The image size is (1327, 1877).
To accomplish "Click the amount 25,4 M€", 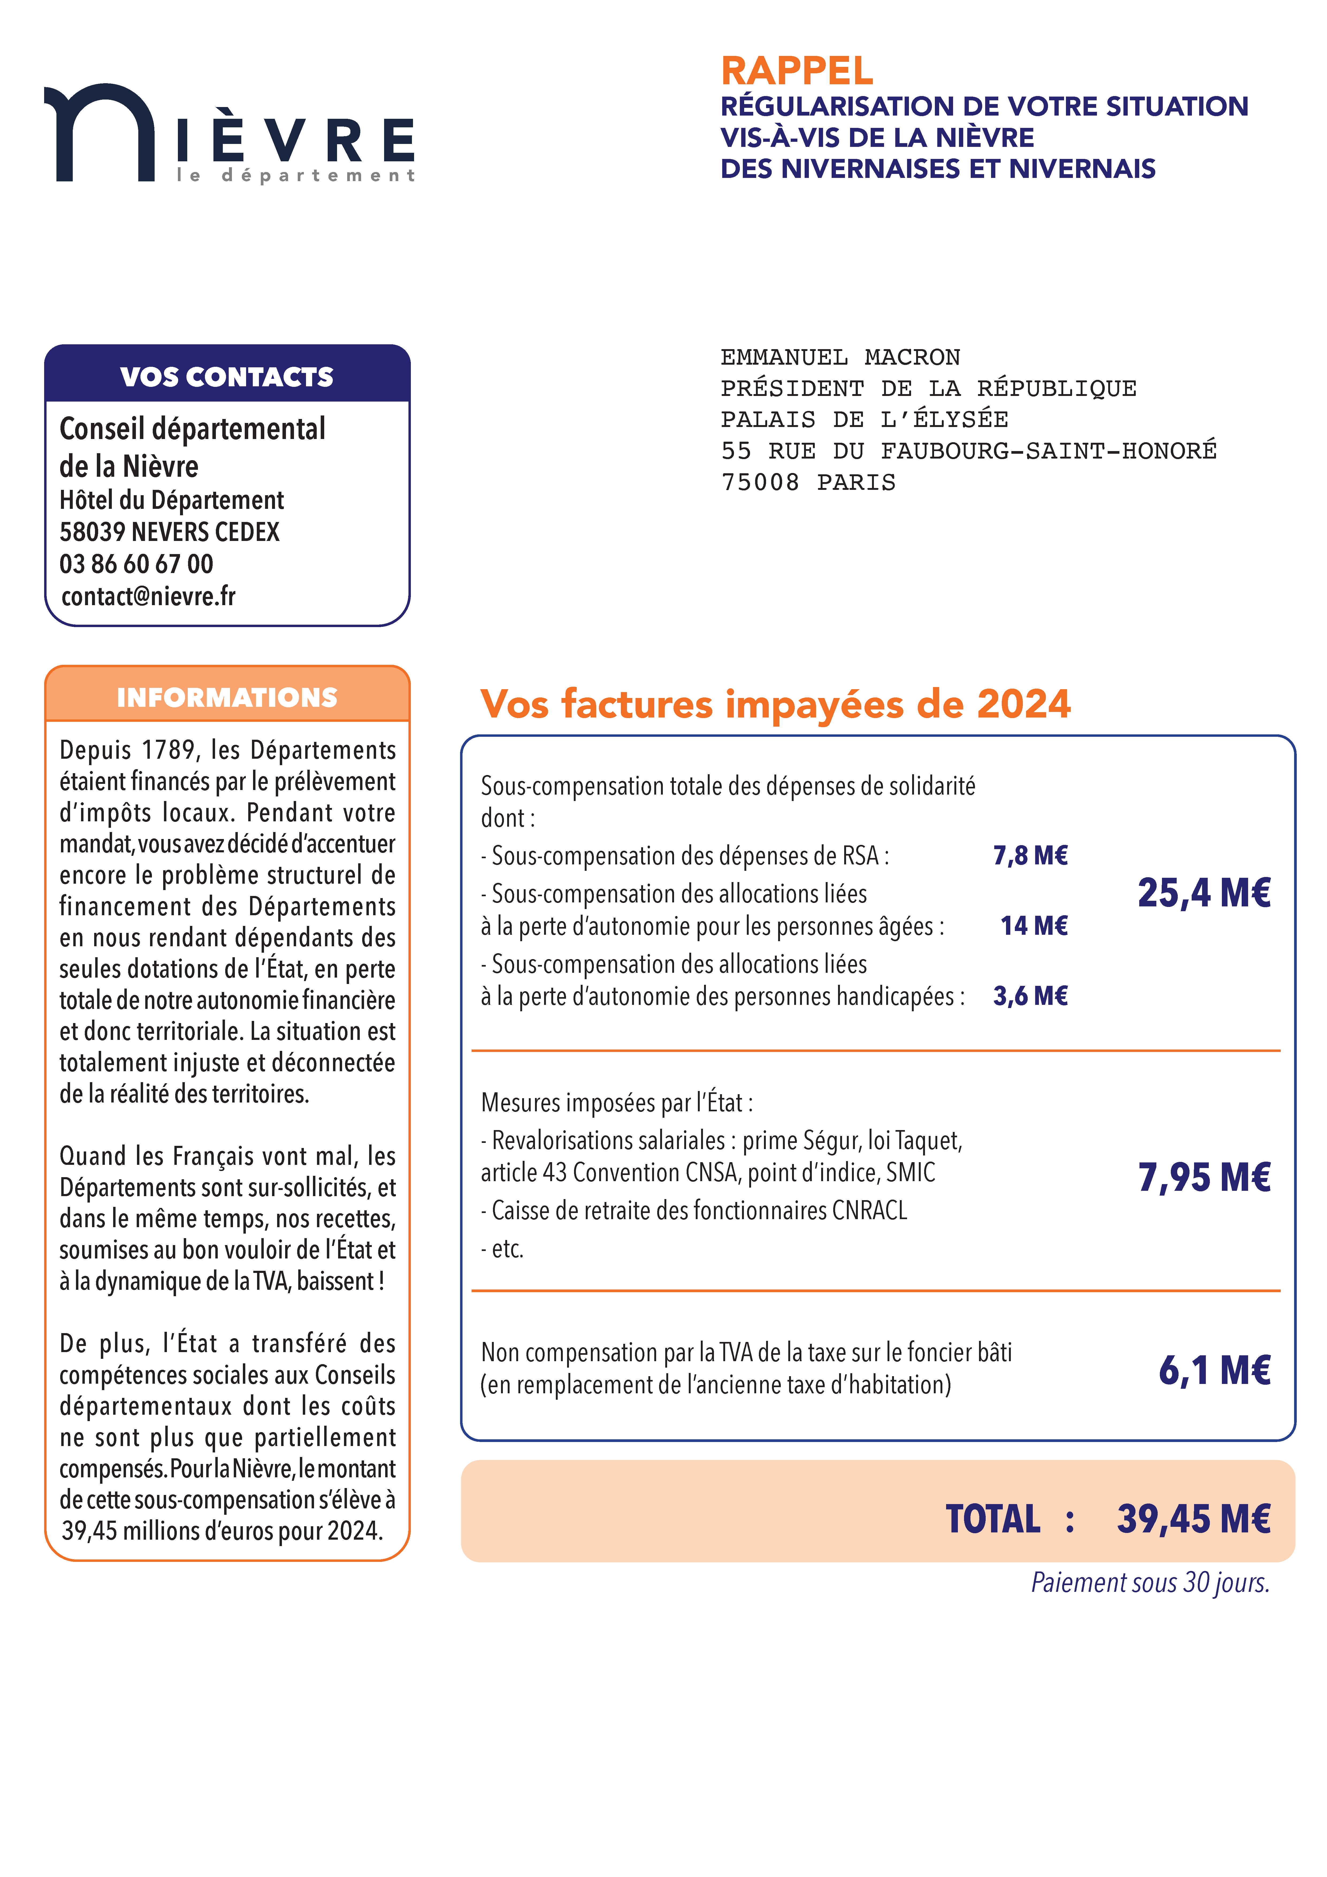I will [x=1203, y=893].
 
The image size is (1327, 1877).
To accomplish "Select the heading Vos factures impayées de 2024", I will [x=775, y=704].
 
